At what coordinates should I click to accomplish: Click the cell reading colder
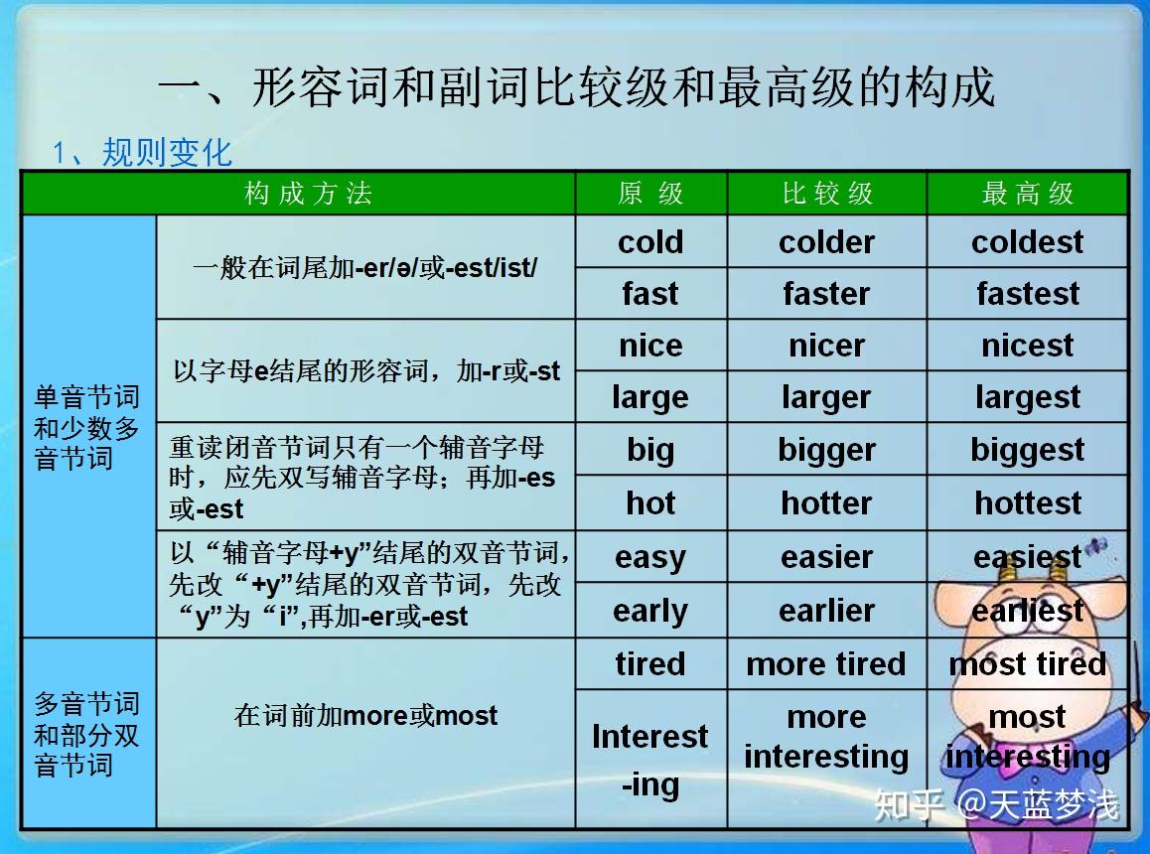[x=826, y=242]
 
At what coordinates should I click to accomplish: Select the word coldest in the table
[x=1027, y=242]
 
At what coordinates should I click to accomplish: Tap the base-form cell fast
[x=650, y=294]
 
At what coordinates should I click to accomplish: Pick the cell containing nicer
[x=826, y=346]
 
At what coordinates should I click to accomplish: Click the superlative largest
[x=1027, y=397]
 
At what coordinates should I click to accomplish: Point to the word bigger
[x=826, y=451]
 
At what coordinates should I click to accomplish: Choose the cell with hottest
[x=1028, y=503]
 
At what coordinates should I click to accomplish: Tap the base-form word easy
[x=650, y=558]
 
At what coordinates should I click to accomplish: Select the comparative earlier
[x=826, y=611]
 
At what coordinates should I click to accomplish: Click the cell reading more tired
[x=826, y=664]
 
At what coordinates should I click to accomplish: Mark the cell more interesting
[x=826, y=737]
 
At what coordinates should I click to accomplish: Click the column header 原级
[x=650, y=194]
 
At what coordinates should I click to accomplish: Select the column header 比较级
[x=827, y=194]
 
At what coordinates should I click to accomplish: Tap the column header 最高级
[x=1028, y=194]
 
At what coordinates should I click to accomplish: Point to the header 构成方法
[x=308, y=194]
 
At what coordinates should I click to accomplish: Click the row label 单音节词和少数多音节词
[x=86, y=428]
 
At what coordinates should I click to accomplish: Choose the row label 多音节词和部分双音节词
[x=86, y=735]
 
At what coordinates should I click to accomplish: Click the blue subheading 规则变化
[x=167, y=153]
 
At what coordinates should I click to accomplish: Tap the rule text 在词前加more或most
[x=365, y=715]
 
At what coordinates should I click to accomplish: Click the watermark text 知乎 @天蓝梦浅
[x=996, y=804]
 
